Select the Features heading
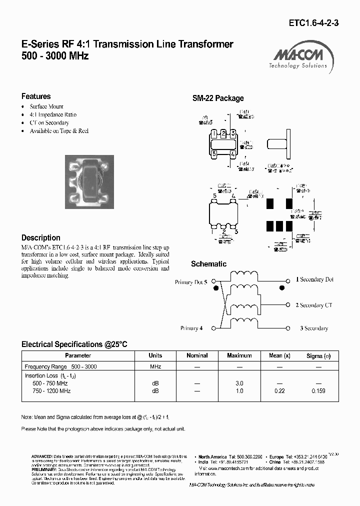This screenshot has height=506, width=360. point(36,96)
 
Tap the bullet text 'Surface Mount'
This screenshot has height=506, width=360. point(46,106)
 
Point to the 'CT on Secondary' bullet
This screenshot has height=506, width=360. point(49,122)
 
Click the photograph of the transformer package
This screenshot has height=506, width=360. point(89,180)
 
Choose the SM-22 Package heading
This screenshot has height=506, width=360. point(218,98)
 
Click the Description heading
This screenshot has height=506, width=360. point(41,238)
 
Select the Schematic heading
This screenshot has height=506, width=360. point(208,264)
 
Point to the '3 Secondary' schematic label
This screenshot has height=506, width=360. point(314,328)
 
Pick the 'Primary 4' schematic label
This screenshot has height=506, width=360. point(191,328)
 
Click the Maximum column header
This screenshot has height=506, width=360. point(239,355)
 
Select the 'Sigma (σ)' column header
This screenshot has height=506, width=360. point(318,355)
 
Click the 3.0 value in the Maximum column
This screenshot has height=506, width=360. point(239,383)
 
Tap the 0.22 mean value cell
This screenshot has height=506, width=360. point(279,391)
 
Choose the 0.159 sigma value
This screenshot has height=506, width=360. point(318,391)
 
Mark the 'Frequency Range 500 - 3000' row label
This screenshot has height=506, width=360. point(60,366)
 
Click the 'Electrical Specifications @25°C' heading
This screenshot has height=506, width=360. point(74,344)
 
